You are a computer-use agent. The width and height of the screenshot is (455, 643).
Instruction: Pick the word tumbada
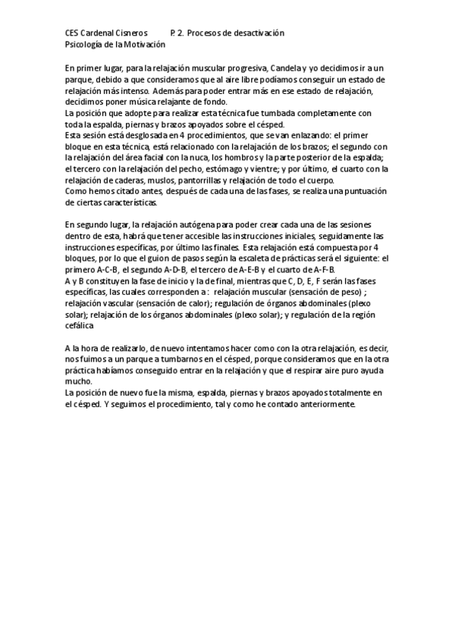click(284, 114)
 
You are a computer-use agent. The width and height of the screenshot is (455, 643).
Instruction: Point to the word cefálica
click(79, 327)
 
